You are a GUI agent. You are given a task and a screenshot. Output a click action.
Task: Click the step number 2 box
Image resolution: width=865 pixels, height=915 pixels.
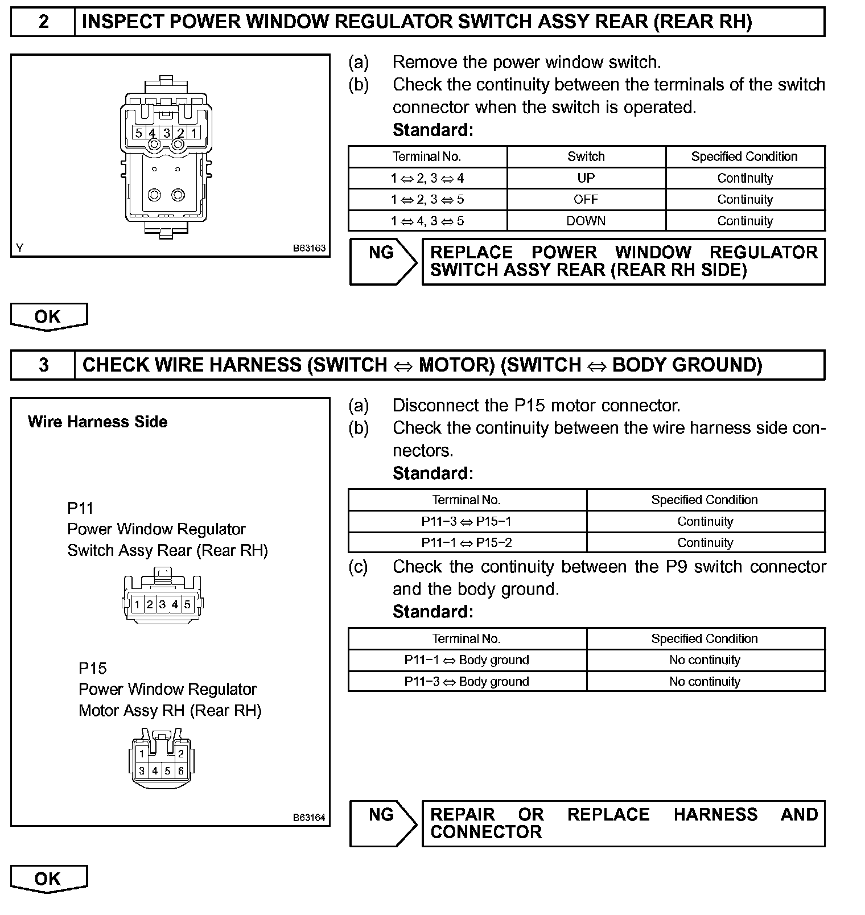click(43, 22)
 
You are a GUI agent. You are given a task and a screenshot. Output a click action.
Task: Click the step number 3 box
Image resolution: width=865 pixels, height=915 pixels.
click(43, 365)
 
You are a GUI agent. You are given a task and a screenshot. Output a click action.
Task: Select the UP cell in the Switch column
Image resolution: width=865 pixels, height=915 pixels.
click(586, 178)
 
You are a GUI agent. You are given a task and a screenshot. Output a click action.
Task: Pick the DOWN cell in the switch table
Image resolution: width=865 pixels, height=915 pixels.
click(586, 221)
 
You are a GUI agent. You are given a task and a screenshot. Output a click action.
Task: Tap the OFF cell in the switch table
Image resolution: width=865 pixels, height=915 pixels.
click(586, 200)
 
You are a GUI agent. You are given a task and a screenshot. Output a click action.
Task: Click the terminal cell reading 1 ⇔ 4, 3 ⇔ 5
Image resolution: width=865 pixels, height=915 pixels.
click(427, 221)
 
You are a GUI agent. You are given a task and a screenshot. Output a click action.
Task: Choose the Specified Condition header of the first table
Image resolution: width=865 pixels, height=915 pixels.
click(744, 156)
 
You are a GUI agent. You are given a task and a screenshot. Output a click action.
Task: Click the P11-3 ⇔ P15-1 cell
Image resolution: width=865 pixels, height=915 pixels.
click(467, 521)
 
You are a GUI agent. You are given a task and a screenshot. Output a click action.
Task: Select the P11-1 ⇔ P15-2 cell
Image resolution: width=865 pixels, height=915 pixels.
click(467, 543)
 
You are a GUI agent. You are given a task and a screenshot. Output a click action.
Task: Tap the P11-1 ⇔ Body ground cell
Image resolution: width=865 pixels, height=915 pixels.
click(467, 660)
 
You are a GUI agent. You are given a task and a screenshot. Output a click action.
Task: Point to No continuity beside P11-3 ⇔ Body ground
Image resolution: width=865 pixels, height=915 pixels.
click(705, 682)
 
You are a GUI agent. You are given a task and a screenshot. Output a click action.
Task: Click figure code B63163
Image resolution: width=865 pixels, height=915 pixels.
click(309, 248)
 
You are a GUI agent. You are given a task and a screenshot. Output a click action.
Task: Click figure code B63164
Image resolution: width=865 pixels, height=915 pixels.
click(309, 818)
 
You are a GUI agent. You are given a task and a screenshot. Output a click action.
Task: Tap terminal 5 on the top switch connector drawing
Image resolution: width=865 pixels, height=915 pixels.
click(138, 133)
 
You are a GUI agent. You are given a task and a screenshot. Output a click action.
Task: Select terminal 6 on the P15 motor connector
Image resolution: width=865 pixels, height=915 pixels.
click(181, 772)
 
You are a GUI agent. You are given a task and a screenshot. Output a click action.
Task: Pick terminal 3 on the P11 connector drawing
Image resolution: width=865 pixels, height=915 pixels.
click(162, 604)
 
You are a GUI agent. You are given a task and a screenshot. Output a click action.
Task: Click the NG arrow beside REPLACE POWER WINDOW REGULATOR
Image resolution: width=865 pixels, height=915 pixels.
click(383, 261)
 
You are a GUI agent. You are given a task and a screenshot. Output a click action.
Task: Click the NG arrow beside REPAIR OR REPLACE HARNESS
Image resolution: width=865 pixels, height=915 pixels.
click(383, 823)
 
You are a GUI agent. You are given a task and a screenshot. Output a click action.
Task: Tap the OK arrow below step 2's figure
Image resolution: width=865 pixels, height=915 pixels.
click(48, 317)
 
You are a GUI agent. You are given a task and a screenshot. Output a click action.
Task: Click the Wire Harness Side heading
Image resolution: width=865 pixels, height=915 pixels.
click(97, 422)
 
